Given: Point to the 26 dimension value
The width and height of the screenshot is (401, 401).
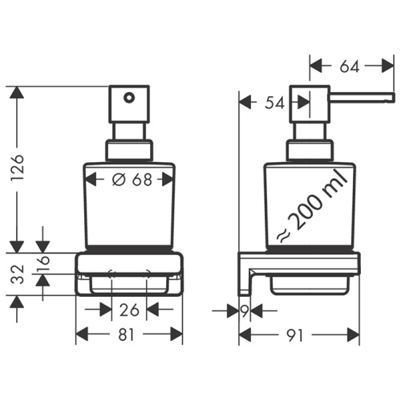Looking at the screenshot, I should [128, 310].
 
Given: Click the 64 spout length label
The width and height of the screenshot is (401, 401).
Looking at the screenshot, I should [350, 67].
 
